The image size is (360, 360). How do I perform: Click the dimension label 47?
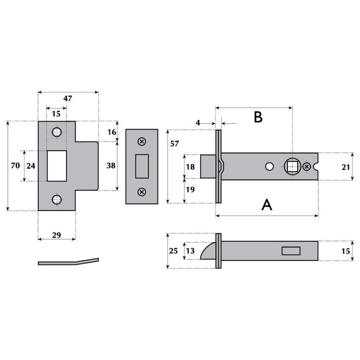click(x=67, y=98)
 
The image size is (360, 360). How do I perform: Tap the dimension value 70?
click(x=15, y=165)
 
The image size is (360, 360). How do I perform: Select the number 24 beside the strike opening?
click(x=31, y=166)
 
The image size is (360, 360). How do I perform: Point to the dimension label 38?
click(x=111, y=165)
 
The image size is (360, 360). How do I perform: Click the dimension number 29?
click(x=56, y=235)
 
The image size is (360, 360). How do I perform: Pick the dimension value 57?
click(x=174, y=143)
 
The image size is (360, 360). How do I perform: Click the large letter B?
click(x=258, y=117)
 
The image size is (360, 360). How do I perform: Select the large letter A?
click(x=267, y=205)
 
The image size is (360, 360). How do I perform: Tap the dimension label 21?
click(x=345, y=167)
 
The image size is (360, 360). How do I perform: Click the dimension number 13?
click(x=190, y=251)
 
